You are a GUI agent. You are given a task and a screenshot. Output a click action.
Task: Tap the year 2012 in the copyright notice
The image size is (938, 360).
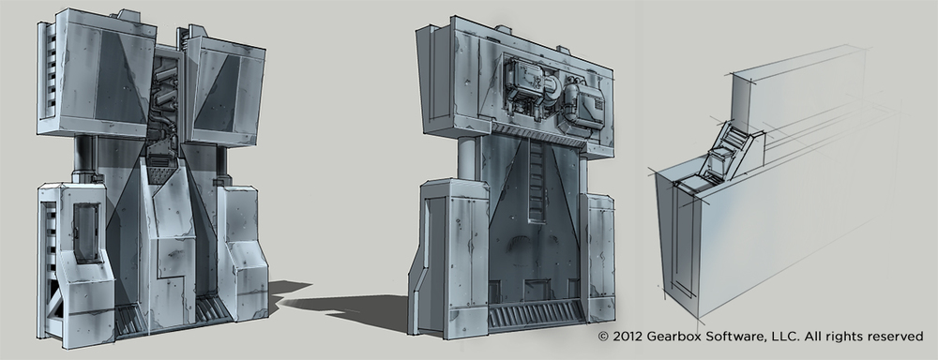(x=628, y=337)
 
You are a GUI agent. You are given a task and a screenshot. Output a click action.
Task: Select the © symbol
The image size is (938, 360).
(x=603, y=337)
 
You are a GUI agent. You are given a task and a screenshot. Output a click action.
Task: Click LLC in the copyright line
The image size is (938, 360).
(x=783, y=337)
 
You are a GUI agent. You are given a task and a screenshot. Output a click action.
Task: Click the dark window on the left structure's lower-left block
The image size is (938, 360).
(x=86, y=232)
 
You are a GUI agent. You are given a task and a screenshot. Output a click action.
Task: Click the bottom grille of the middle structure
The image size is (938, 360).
(x=536, y=315)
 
